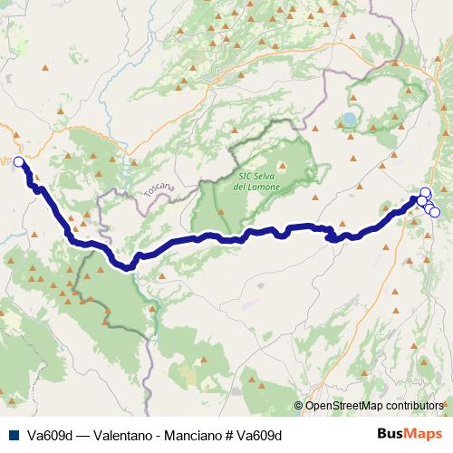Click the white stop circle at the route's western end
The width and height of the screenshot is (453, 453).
pos(18,162)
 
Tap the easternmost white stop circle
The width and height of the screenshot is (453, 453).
pos(435,212)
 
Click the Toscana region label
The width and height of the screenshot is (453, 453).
pos(157,182)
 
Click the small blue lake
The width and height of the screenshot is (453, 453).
pos(349,119)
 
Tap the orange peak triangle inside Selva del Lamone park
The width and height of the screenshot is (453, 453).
pos(282,166)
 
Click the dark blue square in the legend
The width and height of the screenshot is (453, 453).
pos(13,435)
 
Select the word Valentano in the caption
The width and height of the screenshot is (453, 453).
pos(116,435)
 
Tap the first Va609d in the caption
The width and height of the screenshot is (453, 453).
pos(49,435)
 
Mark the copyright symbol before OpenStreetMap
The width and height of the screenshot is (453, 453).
pos(299,405)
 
